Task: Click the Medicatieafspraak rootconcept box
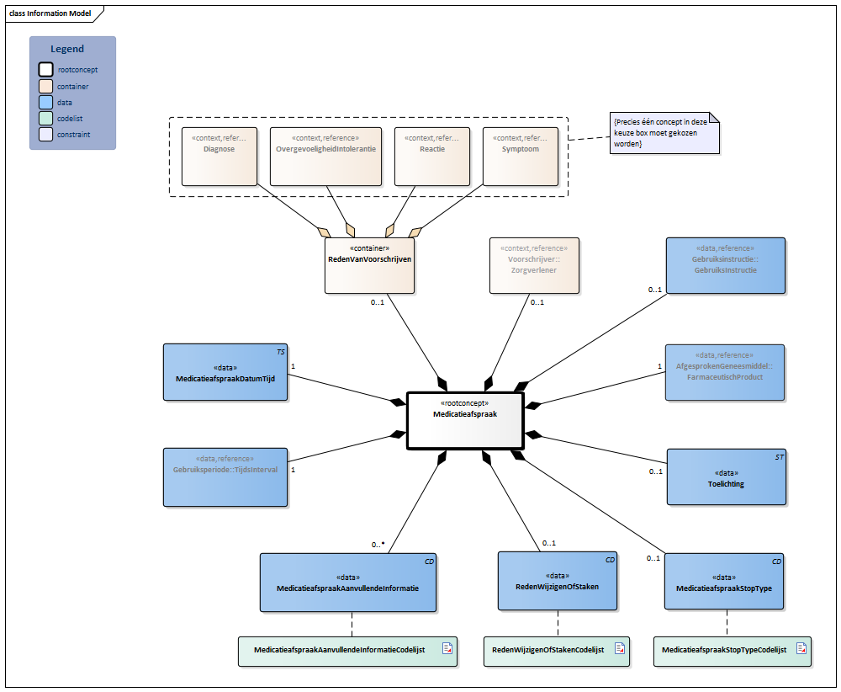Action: (465, 421)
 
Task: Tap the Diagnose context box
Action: (220, 157)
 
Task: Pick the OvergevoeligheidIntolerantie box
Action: (325, 157)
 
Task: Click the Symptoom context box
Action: (521, 157)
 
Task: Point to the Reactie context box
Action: (431, 157)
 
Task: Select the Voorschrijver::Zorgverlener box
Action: (535, 265)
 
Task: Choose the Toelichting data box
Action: (726, 476)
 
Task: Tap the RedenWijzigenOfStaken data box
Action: (557, 580)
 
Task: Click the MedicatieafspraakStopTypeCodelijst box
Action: (732, 651)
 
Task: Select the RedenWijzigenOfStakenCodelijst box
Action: (556, 651)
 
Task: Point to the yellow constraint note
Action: (665, 133)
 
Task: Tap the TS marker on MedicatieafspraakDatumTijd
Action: (282, 350)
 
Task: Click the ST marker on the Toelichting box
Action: (780, 456)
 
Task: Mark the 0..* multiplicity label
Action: (378, 544)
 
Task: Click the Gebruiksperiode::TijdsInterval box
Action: (225, 477)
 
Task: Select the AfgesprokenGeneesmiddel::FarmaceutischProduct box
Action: (724, 371)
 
